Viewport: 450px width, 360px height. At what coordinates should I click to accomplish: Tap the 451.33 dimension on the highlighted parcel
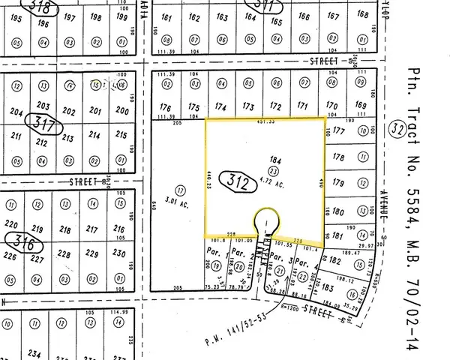[x=265, y=122]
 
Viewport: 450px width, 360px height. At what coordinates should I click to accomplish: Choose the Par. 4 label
[x=301, y=262]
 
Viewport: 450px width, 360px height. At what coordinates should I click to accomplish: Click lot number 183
[x=330, y=288]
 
